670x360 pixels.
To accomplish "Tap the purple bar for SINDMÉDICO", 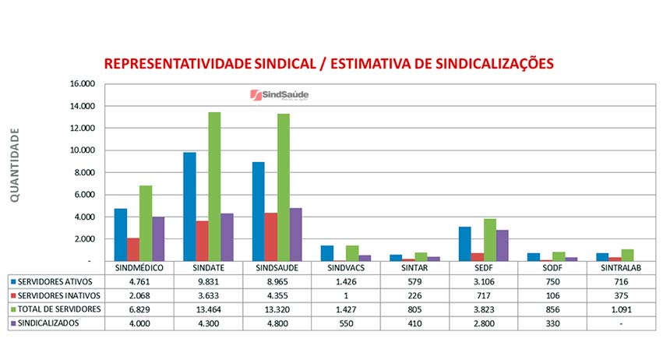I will click(158, 239).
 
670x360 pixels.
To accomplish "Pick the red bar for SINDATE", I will click(202, 242).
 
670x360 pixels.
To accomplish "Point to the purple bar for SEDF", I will click(503, 245).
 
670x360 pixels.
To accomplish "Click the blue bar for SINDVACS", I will click(327, 253).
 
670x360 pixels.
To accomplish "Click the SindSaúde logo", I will click(279, 95).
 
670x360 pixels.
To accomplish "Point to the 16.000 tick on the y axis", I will click(82, 84).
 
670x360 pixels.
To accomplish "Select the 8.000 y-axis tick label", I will click(83, 173).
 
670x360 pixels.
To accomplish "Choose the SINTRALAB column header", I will click(621, 267).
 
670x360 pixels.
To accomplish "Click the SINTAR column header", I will click(415, 267).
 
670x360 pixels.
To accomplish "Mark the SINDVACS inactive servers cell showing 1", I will click(346, 295).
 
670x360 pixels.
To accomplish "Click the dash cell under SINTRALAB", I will click(621, 323).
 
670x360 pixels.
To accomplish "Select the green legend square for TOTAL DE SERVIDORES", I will click(14, 309).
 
